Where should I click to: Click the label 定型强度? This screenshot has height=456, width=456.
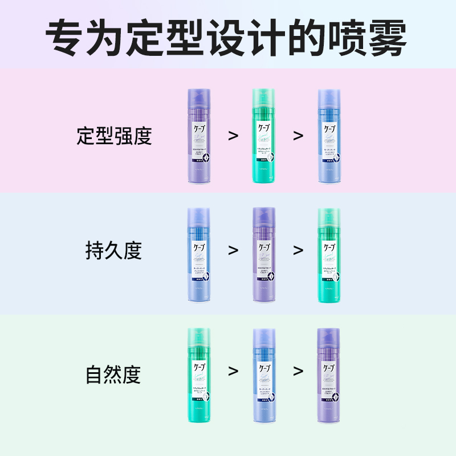click(x=114, y=136)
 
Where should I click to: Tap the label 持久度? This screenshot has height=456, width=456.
click(x=113, y=251)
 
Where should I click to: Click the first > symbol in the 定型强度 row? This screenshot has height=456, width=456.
click(x=233, y=136)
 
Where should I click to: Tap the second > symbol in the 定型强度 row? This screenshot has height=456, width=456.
click(x=298, y=136)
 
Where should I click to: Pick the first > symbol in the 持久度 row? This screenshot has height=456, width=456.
click(x=233, y=251)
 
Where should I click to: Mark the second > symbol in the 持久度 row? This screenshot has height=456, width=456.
click(x=298, y=251)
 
